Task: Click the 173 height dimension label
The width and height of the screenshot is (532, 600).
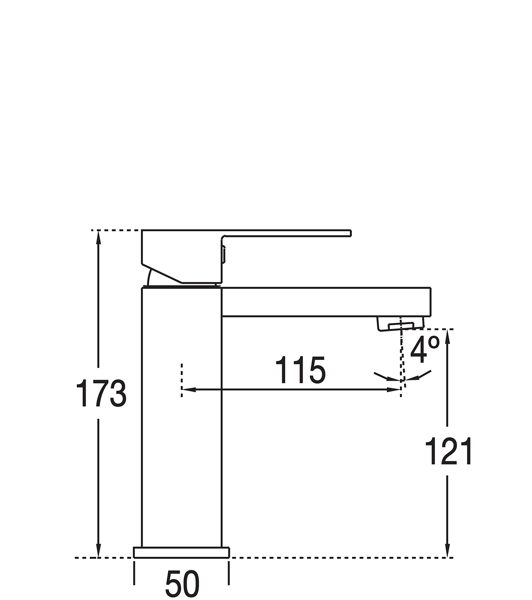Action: click(x=101, y=393)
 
